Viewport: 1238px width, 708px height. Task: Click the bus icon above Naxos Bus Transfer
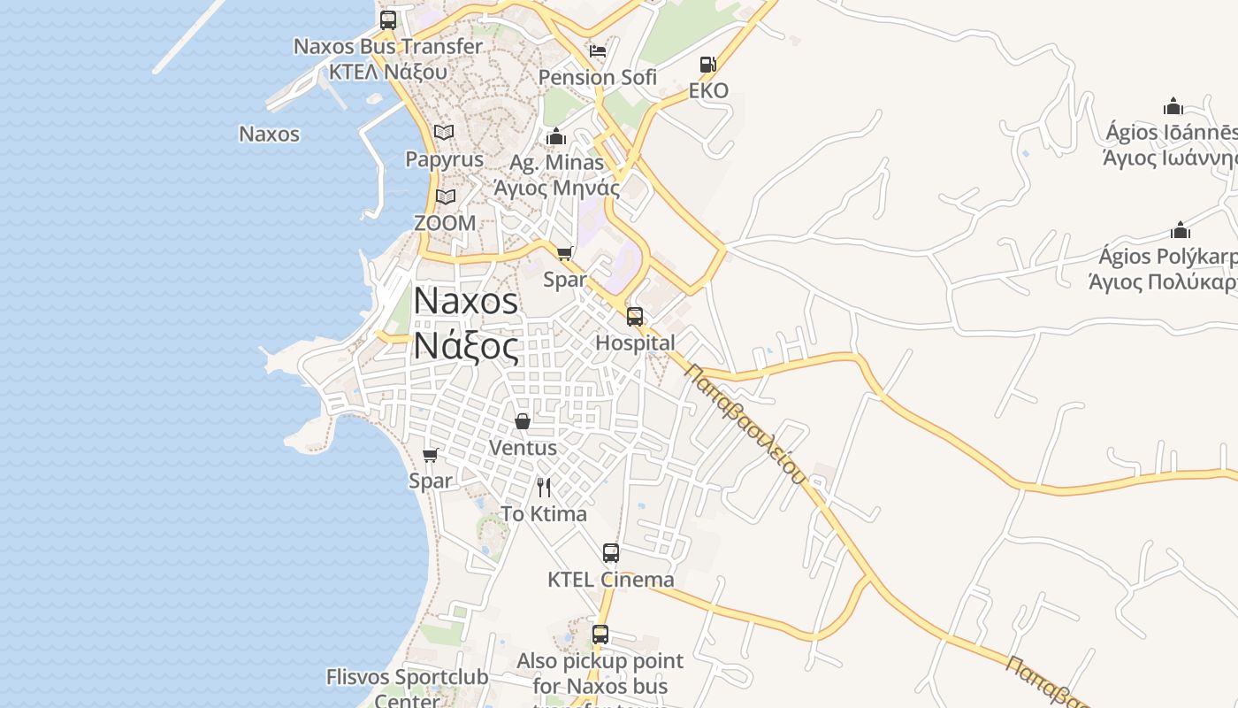(388, 20)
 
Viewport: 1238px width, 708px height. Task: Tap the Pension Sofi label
(598, 78)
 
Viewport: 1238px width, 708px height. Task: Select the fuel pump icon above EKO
(707, 65)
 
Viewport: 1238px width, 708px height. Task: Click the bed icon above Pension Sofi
(598, 51)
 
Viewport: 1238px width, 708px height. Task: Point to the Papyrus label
(444, 159)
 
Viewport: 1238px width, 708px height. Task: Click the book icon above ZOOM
(445, 196)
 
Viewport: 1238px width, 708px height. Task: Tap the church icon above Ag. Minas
(556, 136)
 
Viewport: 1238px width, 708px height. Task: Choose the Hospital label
(635, 343)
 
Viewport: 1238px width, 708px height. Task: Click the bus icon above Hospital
(635, 317)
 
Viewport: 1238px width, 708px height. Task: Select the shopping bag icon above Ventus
(523, 421)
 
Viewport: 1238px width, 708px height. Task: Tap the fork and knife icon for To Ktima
(544, 487)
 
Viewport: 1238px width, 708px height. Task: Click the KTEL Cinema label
(610, 581)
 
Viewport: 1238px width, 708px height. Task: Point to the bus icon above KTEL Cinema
(611, 553)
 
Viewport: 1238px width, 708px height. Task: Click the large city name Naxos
(466, 302)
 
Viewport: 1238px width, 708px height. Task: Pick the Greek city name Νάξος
(466, 345)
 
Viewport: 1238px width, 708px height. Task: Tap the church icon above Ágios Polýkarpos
(1181, 230)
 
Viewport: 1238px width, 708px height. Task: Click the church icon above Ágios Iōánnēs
(1173, 107)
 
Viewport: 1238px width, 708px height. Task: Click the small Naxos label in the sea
(270, 135)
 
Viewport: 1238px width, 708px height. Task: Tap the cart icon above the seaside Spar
(431, 455)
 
